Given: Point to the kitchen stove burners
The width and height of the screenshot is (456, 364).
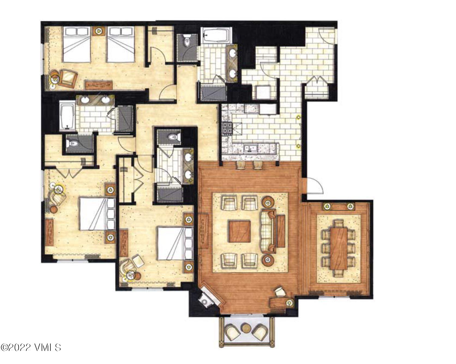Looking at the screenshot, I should (227, 129).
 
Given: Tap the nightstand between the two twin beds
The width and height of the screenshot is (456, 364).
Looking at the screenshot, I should (98, 31).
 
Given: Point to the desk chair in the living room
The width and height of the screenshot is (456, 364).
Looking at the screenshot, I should (280, 291).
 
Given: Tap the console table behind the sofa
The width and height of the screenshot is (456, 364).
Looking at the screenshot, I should (281, 231).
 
